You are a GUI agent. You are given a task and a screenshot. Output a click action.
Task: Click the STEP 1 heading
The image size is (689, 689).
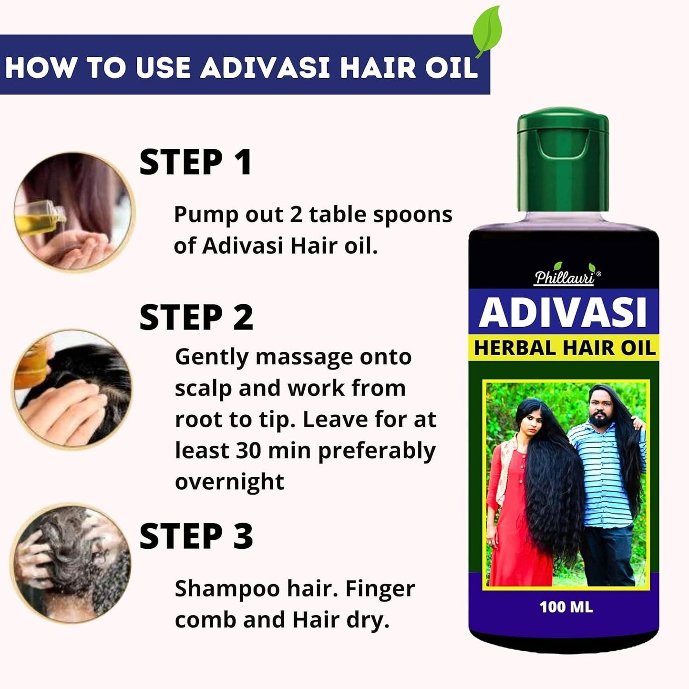coord(195,163)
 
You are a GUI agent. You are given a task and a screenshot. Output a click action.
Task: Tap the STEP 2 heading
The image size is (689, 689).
coord(196,318)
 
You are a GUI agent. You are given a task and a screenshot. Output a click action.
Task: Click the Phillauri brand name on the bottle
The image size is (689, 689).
coord(565,278)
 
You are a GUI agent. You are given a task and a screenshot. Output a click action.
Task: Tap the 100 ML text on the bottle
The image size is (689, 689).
coord(566,607)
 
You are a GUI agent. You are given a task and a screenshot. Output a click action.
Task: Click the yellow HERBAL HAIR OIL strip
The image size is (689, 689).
coord(565,348)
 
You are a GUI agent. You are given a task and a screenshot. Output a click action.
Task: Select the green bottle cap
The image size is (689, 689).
coord(563,160)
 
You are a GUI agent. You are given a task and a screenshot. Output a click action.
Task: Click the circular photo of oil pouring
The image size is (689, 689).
coord(74,212)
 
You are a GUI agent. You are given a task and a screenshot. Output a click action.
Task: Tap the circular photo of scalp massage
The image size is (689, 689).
coord(72,389)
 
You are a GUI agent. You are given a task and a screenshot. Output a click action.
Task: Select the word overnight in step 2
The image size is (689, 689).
coord(229,482)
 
